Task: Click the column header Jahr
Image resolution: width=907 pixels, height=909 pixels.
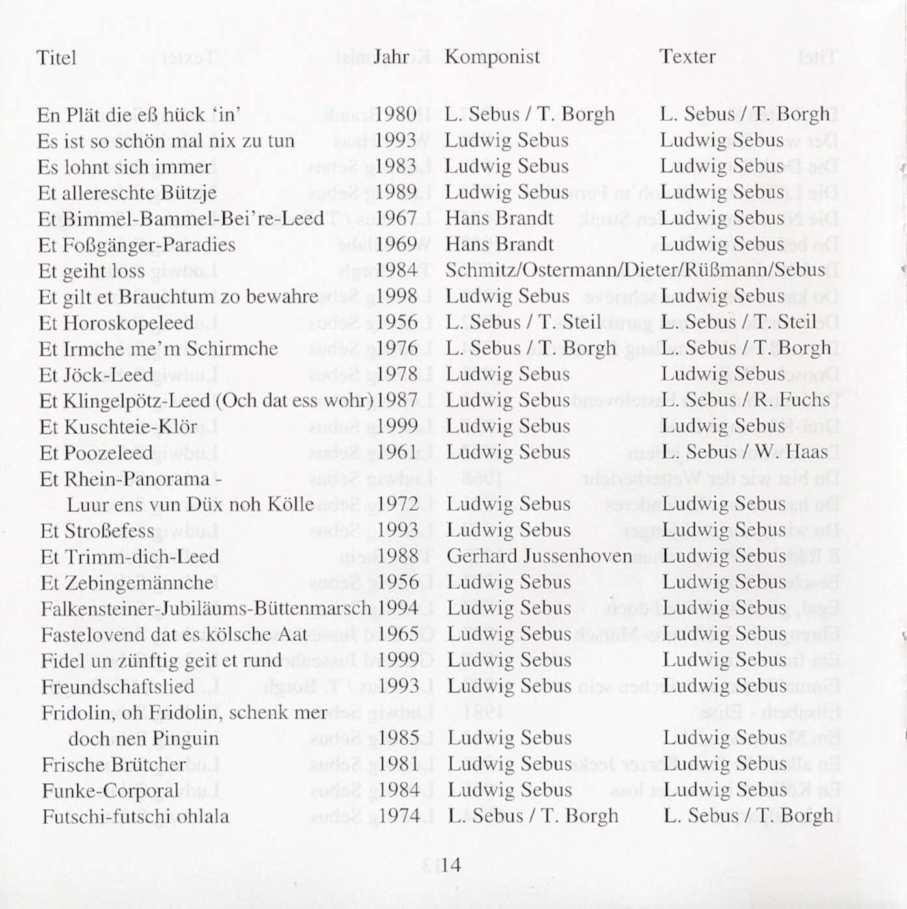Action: pyautogui.click(x=391, y=57)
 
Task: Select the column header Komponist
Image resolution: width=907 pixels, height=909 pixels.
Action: pyautogui.click(x=492, y=57)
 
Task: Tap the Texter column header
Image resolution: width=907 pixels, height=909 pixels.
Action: pyautogui.click(x=687, y=57)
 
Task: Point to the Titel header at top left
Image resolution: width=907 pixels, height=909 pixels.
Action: pyautogui.click(x=56, y=58)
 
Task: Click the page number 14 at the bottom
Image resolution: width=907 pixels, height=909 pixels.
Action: pyautogui.click(x=451, y=865)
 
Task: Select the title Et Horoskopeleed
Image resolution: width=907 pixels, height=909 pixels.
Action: pyautogui.click(x=116, y=323)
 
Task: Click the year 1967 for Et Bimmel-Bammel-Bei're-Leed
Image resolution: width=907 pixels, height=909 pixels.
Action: pyautogui.click(x=397, y=218)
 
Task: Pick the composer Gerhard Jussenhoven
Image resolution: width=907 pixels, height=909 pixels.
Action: pyautogui.click(x=539, y=556)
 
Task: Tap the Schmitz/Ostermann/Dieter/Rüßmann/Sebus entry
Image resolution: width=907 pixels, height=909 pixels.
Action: pyautogui.click(x=635, y=270)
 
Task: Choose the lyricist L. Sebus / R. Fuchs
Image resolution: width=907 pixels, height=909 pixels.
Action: pyautogui.click(x=746, y=400)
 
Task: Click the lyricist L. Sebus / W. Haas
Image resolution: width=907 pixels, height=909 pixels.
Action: pyautogui.click(x=745, y=452)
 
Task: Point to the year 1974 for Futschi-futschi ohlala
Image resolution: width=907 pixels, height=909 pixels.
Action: pyautogui.click(x=398, y=816)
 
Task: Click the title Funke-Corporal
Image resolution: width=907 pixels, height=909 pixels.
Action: pyautogui.click(x=110, y=790)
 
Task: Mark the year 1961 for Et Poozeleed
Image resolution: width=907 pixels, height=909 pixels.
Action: pyautogui.click(x=397, y=452)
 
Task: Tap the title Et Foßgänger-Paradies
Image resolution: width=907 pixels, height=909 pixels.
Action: pyautogui.click(x=137, y=245)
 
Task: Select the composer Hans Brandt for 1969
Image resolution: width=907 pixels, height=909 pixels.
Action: pyautogui.click(x=499, y=244)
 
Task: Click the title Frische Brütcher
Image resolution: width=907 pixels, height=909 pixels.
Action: pyautogui.click(x=113, y=764)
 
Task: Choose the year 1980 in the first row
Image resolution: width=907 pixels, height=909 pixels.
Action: pyautogui.click(x=396, y=115)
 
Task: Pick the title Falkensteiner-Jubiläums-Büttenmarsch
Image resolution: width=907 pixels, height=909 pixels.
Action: pyautogui.click(x=205, y=608)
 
